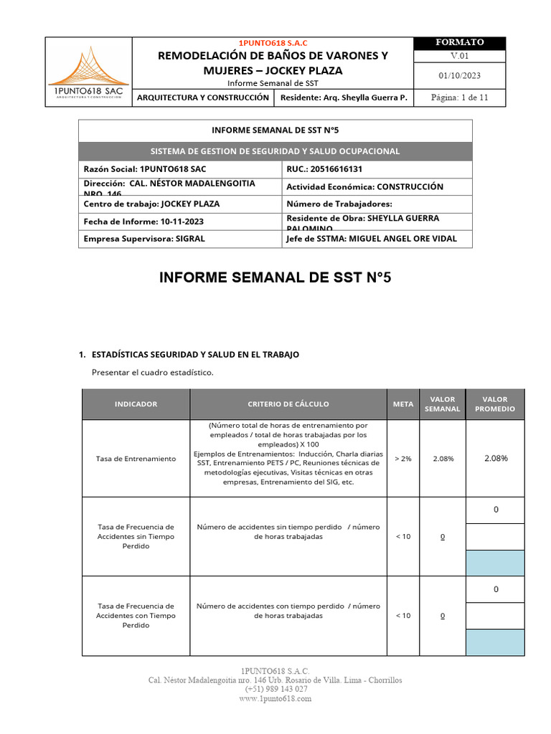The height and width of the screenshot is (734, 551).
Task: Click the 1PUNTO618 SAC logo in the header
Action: pyautogui.click(x=88, y=72)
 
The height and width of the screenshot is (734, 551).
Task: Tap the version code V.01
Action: pyautogui.click(x=459, y=57)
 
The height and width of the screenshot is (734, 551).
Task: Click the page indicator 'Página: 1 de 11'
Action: pyautogui.click(x=459, y=98)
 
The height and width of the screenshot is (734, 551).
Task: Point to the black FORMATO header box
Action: pyautogui.click(x=459, y=43)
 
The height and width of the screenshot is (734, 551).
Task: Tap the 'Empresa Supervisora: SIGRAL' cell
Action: pyautogui.click(x=144, y=239)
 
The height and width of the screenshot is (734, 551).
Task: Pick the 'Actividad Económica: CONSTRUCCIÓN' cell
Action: pyautogui.click(x=364, y=187)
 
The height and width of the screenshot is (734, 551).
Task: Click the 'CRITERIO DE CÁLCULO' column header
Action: pyautogui.click(x=288, y=404)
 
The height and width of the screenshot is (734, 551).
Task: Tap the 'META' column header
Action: pyautogui.click(x=403, y=404)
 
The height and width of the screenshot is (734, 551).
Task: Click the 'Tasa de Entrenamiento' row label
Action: pyautogui.click(x=136, y=459)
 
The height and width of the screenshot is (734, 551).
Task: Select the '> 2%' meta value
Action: pyautogui.click(x=403, y=459)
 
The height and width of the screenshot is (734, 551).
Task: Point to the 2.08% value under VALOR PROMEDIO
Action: pyautogui.click(x=495, y=458)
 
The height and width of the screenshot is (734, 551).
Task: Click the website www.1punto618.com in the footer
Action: pyautogui.click(x=275, y=699)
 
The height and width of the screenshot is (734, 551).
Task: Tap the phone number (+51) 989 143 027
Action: pyautogui.click(x=275, y=689)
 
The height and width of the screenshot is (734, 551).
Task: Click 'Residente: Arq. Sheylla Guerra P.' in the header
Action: pyautogui.click(x=344, y=98)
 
